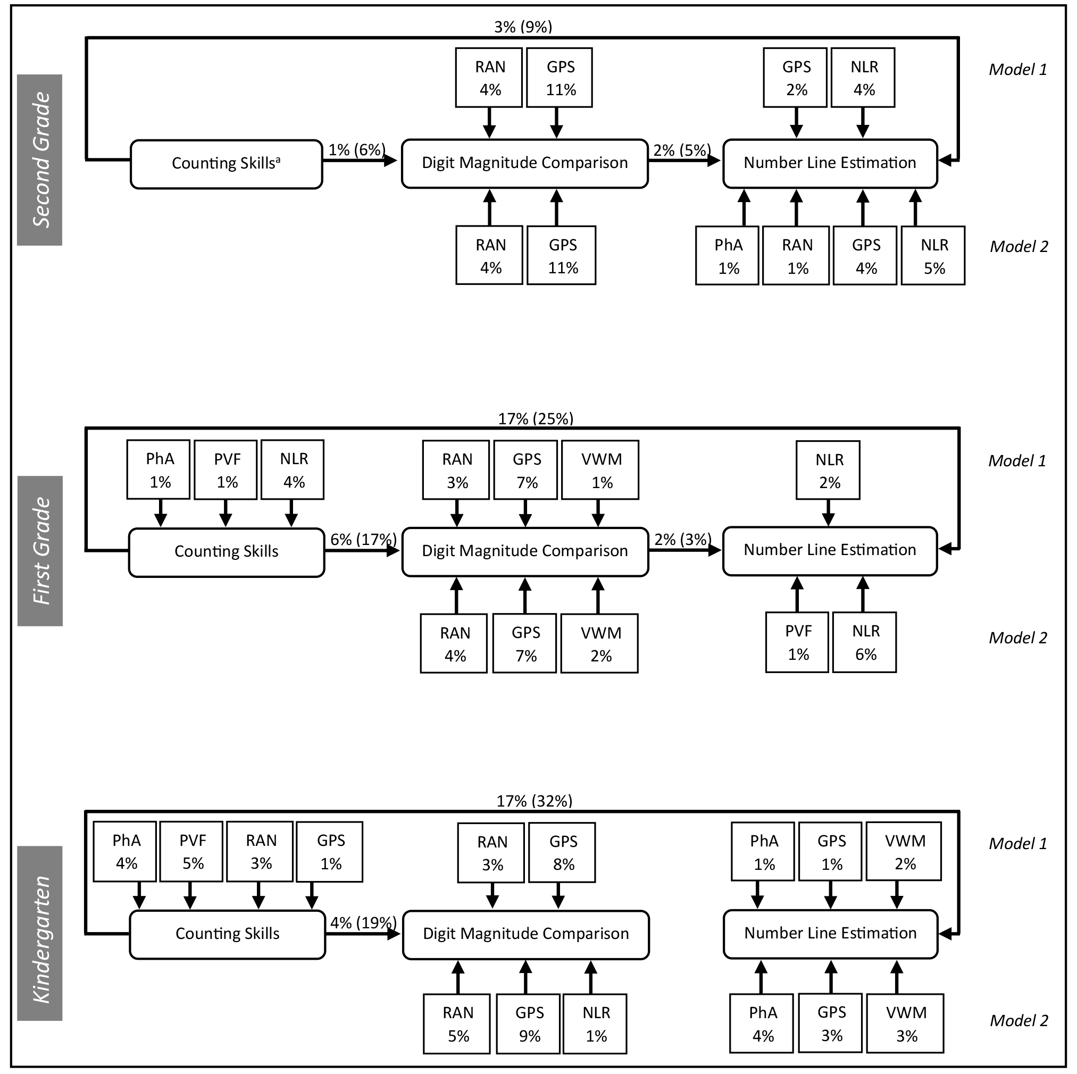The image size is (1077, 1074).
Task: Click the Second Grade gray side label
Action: (x=39, y=160)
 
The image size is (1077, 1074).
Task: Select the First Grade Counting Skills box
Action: (x=227, y=552)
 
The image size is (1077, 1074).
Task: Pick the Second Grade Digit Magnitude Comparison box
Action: (x=524, y=163)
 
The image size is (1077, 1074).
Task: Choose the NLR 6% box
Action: (x=865, y=643)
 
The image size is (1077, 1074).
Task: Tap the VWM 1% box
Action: (x=600, y=470)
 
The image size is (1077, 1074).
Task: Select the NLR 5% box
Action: (x=933, y=256)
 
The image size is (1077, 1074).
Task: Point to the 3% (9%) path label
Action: (x=523, y=27)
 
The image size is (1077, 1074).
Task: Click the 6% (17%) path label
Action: (x=363, y=540)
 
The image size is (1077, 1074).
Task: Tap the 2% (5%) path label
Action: (x=682, y=150)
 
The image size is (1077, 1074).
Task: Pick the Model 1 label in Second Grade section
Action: (x=1018, y=70)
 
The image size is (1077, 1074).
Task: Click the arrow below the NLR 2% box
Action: (x=829, y=513)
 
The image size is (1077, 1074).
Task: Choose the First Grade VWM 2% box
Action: (x=599, y=644)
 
